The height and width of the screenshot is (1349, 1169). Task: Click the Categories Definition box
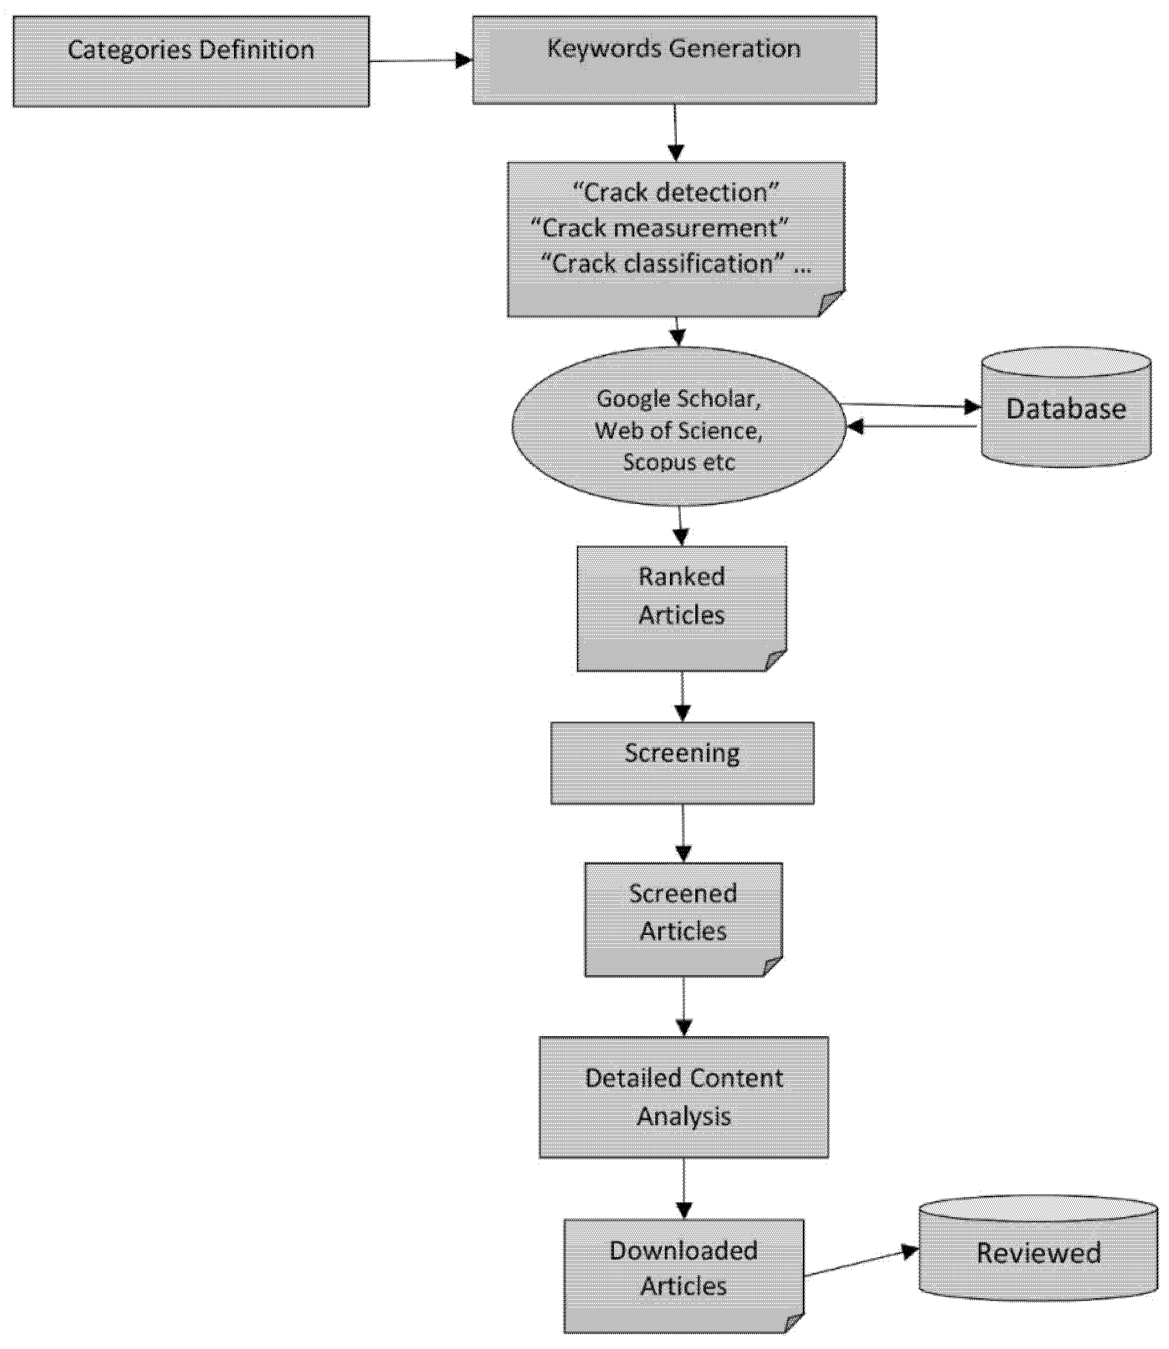pos(191,61)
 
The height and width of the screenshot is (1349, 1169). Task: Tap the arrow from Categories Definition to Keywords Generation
pos(420,61)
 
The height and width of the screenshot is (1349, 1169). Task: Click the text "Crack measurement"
pos(659,228)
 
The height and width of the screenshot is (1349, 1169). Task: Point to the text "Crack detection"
pos(675,193)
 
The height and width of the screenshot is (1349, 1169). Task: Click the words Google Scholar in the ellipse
pos(678,398)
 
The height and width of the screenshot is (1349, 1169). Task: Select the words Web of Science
pos(678,431)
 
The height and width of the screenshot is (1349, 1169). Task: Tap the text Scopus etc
pos(678,462)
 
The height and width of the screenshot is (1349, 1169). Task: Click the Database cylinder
pos(1065,408)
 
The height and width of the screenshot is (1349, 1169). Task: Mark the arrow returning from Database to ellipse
pos(913,427)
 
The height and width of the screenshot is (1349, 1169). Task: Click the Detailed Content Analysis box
pos(684,1097)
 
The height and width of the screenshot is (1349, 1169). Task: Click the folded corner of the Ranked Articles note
pos(776,660)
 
